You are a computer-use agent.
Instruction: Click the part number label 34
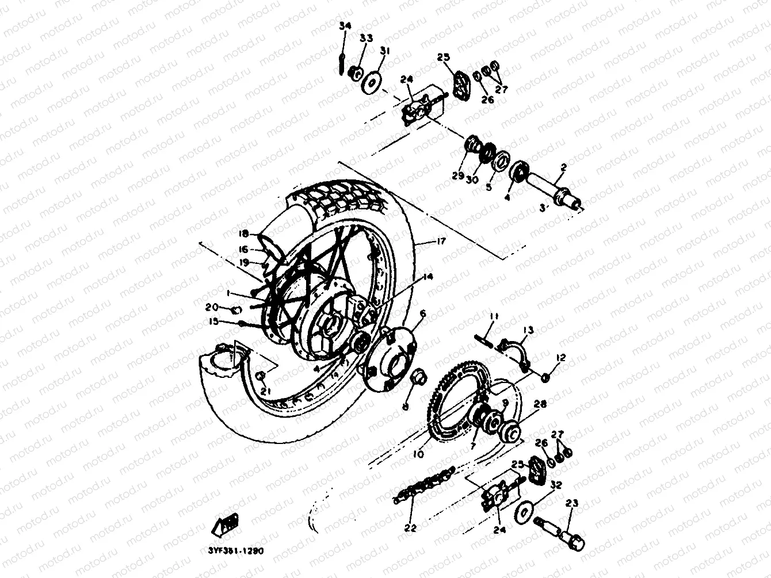click(344, 26)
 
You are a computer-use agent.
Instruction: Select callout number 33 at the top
click(366, 38)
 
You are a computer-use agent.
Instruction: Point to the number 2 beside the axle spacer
click(563, 167)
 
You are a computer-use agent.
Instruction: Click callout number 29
click(458, 177)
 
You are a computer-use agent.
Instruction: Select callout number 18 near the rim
click(244, 234)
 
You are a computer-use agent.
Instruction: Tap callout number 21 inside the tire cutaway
click(264, 391)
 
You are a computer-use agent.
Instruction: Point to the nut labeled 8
click(417, 378)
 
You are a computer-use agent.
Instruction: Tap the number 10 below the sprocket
click(418, 454)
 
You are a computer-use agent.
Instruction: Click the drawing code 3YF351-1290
click(232, 550)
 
